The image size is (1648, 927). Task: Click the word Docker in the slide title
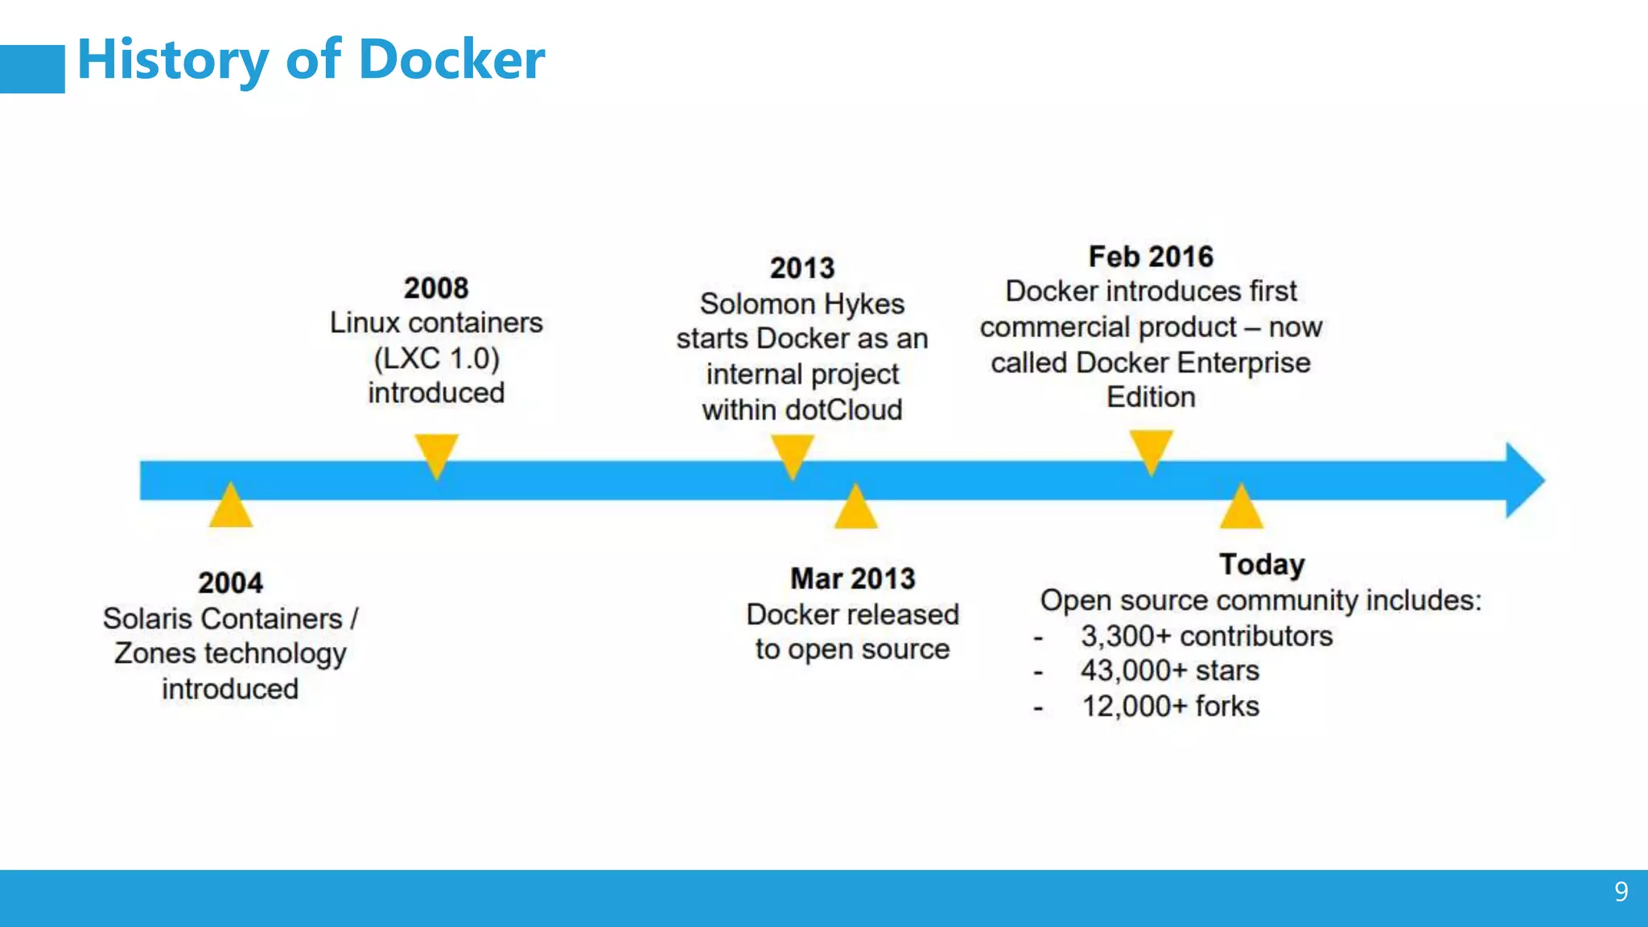pos(451,60)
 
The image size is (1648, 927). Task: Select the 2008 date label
pos(436,288)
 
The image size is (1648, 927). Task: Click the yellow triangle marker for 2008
pos(436,453)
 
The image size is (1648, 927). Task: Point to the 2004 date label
pos(230,583)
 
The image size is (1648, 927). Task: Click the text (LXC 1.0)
pos(436,358)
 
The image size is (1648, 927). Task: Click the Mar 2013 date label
pos(853,579)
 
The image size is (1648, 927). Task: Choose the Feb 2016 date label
pos(1151,257)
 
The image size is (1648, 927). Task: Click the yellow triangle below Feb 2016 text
pos(1151,449)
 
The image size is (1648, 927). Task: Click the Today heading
pos(1262,564)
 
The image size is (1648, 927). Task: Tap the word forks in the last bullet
pos(1227,707)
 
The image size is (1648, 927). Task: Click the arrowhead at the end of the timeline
pos(1523,480)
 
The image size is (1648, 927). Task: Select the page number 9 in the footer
pos(1621,892)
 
